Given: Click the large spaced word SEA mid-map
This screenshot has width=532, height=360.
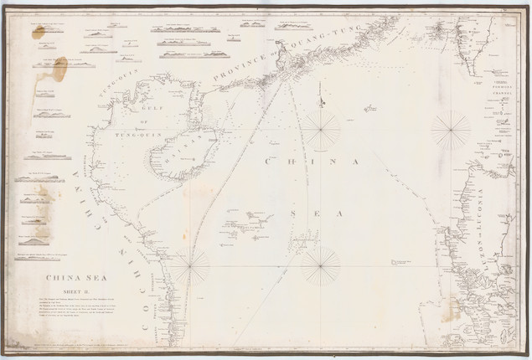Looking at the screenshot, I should pyautogui.click(x=316, y=214).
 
